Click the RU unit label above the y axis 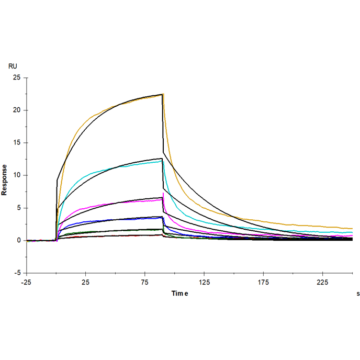[x=13, y=66]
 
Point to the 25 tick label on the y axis [x=17, y=77]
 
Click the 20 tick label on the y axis [x=17, y=110]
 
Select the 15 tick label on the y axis [x=17, y=142]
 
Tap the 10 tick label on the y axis [x=17, y=175]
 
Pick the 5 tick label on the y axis [x=18, y=208]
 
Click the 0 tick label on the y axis [x=18, y=240]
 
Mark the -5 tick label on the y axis [x=17, y=273]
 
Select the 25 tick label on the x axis [x=85, y=283]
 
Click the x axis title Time [x=179, y=294]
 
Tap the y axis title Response [x=5, y=179]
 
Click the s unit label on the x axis [x=358, y=294]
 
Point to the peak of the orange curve [x=163, y=94]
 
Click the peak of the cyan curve [x=163, y=161]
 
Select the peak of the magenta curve [x=164, y=194]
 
